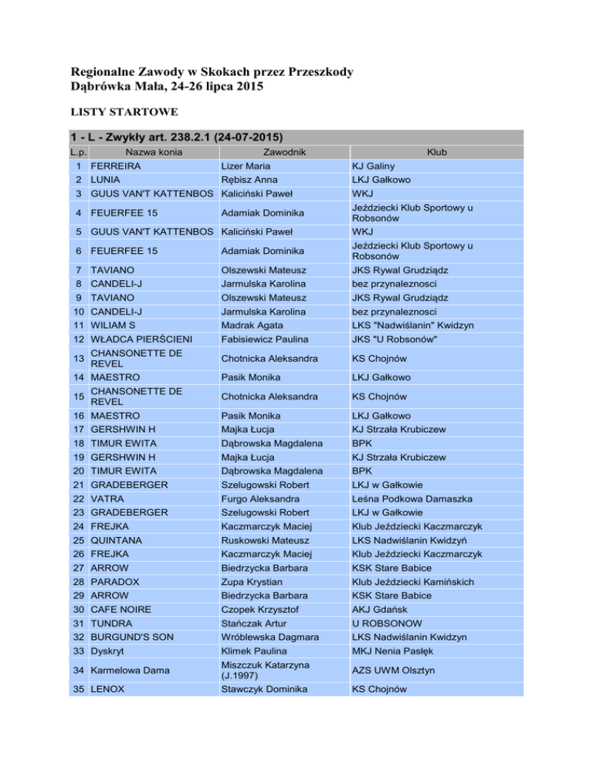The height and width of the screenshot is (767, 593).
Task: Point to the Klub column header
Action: tap(439, 153)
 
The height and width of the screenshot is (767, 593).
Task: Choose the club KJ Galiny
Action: tap(373, 165)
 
